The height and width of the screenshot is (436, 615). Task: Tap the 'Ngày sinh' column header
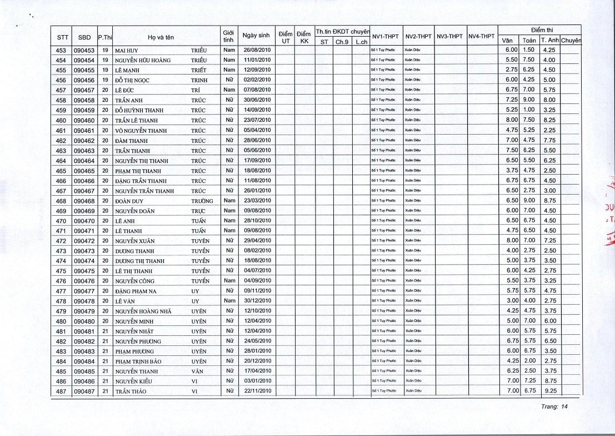pyautogui.click(x=256, y=36)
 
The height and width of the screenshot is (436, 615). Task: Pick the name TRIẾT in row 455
pyautogui.click(x=198, y=70)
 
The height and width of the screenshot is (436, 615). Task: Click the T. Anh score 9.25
pyautogui.click(x=549, y=392)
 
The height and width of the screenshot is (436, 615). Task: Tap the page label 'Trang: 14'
pyautogui.click(x=554, y=408)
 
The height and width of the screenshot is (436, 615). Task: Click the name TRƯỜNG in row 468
pyautogui.click(x=202, y=201)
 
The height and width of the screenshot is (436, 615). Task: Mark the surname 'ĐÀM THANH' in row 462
pyautogui.click(x=131, y=141)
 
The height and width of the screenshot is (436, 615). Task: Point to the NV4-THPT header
pyautogui.click(x=481, y=37)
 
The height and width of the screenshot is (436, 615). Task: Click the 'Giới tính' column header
pyautogui.click(x=227, y=37)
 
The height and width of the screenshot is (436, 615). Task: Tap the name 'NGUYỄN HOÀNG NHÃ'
pyautogui.click(x=143, y=311)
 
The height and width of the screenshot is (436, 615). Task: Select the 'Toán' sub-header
pyautogui.click(x=528, y=41)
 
